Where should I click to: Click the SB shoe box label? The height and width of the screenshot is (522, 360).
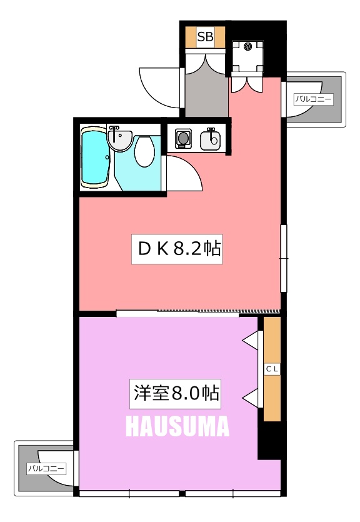[205, 36]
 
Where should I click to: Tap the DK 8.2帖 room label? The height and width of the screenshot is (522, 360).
[177, 249]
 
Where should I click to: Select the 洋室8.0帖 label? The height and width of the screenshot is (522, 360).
[176, 394]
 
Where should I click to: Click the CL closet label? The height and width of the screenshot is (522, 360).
[272, 369]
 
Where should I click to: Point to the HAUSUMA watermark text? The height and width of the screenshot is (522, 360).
[177, 426]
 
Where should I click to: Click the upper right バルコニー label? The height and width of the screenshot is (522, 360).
[314, 99]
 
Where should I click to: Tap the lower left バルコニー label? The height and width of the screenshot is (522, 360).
[47, 469]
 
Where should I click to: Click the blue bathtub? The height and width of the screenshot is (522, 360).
[95, 158]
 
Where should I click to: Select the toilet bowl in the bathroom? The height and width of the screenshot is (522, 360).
[144, 152]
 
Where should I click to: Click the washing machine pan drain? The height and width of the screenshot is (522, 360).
[247, 47]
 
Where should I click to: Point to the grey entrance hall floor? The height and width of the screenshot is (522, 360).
[207, 95]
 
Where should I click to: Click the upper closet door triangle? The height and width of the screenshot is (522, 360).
[251, 340]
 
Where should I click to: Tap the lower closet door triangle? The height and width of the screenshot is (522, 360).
[251, 398]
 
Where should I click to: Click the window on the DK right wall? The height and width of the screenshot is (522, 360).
[284, 258]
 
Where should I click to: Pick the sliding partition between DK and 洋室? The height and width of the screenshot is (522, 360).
[197, 313]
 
